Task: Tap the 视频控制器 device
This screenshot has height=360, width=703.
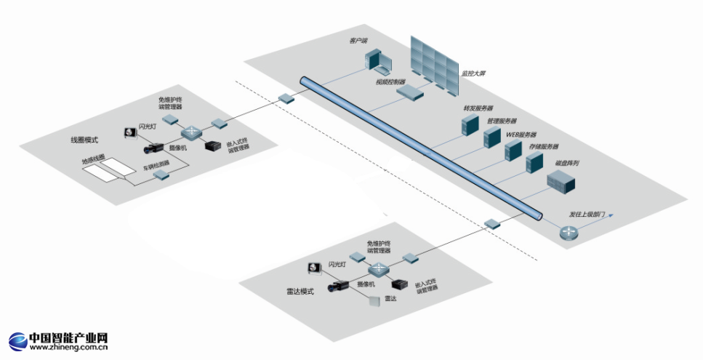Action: (409, 91)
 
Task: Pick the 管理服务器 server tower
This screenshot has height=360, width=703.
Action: (493, 137)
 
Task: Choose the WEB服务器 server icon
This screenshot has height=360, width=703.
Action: (513, 151)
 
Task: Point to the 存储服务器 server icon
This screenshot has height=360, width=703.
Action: (535, 161)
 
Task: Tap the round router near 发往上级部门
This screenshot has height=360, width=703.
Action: (567, 232)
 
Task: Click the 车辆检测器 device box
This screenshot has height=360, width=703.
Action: (161, 175)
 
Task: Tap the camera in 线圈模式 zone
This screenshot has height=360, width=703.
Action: (156, 147)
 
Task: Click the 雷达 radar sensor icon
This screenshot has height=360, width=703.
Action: (373, 300)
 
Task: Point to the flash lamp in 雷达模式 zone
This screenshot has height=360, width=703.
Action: (315, 268)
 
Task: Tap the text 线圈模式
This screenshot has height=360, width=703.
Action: (84, 139)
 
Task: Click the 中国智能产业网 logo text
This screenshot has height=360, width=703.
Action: (68, 339)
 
